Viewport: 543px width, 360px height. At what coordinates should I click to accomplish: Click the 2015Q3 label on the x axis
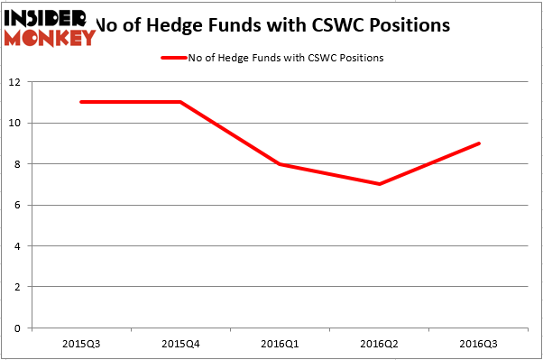coord(80,345)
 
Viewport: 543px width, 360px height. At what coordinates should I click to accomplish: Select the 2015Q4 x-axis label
coord(179,345)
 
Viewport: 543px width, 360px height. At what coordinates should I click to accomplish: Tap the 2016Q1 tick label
coord(280,345)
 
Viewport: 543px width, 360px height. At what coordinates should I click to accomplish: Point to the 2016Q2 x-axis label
coord(379,345)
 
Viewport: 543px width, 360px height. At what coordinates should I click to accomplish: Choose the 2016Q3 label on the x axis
coord(478,345)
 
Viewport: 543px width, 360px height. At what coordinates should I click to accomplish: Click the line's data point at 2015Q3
coord(80,102)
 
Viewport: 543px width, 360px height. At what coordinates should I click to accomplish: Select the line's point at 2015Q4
coord(179,102)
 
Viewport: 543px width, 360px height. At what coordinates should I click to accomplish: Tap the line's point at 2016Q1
coord(280,164)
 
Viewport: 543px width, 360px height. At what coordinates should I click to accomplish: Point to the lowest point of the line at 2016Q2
coord(379,184)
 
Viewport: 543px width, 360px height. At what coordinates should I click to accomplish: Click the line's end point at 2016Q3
coord(478,143)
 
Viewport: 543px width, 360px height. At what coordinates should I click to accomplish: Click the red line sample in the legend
coord(173,58)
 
